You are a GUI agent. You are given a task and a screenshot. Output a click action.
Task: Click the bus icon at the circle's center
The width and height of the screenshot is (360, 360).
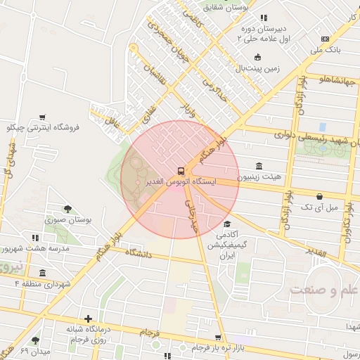181,170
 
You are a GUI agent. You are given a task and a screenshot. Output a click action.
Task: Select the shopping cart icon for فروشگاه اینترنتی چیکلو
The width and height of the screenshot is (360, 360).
42,117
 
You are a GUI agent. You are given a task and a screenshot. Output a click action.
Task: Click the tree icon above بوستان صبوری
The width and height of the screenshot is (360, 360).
67,209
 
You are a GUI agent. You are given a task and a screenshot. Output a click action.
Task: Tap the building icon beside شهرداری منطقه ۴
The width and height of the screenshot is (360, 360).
43,273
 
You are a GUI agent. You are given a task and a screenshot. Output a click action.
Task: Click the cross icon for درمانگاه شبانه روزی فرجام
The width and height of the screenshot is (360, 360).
88,319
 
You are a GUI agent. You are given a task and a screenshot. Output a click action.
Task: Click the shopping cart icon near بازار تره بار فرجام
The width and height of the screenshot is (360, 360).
219,337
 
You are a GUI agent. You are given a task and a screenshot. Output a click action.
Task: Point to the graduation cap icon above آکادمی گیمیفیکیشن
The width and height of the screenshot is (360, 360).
227,224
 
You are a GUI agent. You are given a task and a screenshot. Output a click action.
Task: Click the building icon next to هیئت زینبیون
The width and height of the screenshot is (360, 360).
259,167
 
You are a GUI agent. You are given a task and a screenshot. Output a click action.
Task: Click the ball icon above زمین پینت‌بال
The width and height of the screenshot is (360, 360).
257,58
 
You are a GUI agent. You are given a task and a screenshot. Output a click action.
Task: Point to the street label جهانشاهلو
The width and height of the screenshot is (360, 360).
327,79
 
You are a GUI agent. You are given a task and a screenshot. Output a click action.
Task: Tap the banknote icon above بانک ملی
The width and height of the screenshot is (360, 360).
325,39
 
